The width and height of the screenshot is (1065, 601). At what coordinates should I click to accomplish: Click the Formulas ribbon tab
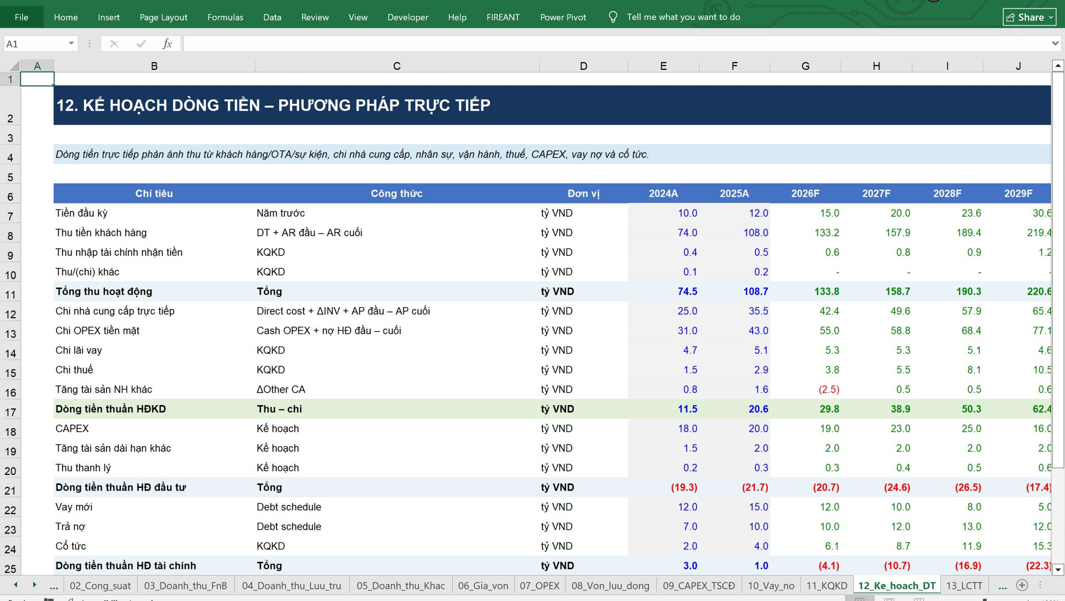pyautogui.click(x=225, y=17)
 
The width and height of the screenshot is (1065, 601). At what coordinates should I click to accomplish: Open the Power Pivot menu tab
pyautogui.click(x=563, y=17)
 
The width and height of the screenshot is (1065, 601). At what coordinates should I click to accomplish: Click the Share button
pyautogui.click(x=1029, y=17)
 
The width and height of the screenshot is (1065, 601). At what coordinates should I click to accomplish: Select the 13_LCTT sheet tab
pyautogui.click(x=964, y=586)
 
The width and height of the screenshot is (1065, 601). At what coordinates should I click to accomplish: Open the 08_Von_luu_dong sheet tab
pyautogui.click(x=610, y=586)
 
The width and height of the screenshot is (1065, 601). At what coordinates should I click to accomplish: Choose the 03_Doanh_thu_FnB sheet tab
pyautogui.click(x=186, y=586)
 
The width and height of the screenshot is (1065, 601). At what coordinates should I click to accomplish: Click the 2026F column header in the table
pyautogui.click(x=805, y=193)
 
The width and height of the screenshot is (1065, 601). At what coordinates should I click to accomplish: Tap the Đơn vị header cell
pyautogui.click(x=583, y=193)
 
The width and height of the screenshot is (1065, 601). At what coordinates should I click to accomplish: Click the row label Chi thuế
pyautogui.click(x=74, y=370)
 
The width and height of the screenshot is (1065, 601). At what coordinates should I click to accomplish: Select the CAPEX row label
pyautogui.click(x=72, y=428)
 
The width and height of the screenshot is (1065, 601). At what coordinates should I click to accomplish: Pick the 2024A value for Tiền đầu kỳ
pyautogui.click(x=687, y=213)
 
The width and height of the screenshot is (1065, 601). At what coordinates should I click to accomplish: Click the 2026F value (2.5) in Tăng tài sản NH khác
pyautogui.click(x=829, y=389)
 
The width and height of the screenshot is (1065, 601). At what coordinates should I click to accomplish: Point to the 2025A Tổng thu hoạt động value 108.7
pyautogui.click(x=755, y=291)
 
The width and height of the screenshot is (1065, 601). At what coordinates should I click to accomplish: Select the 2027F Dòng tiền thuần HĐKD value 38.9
pyautogui.click(x=900, y=409)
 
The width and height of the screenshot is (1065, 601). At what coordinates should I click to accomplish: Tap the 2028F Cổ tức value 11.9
pyautogui.click(x=971, y=546)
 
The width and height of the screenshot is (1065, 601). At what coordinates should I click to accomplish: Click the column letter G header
pyautogui.click(x=805, y=66)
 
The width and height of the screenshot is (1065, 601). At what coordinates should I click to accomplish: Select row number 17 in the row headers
pyautogui.click(x=10, y=412)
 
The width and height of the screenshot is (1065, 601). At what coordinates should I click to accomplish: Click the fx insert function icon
pyautogui.click(x=167, y=44)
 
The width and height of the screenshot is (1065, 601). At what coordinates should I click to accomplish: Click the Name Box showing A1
pyautogui.click(x=40, y=44)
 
